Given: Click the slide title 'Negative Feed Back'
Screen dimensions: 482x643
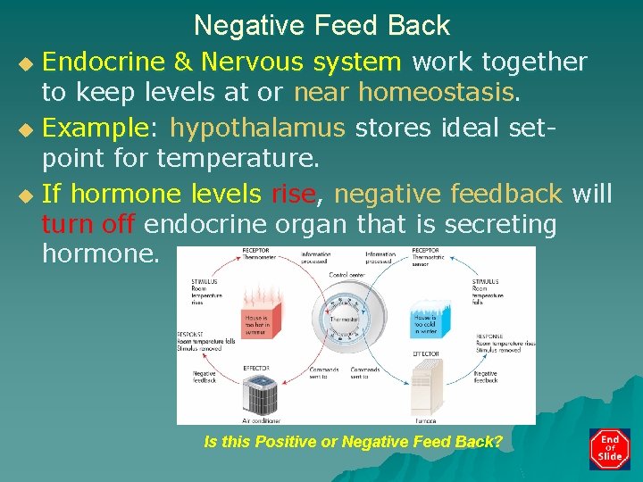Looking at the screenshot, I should tap(321, 25).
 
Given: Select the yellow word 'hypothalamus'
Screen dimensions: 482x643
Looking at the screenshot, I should tap(257, 128).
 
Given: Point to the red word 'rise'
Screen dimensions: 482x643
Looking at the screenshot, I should tap(292, 193).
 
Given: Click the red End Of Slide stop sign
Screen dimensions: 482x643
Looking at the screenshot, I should tap(610, 449).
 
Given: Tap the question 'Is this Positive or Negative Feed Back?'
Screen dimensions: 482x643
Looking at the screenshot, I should tap(354, 442).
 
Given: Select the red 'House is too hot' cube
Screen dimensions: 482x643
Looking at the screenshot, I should tap(261, 322).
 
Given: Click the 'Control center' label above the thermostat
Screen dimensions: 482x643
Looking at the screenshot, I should tap(347, 275).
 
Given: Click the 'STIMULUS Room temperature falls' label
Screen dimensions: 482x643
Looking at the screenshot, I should tap(489, 292).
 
